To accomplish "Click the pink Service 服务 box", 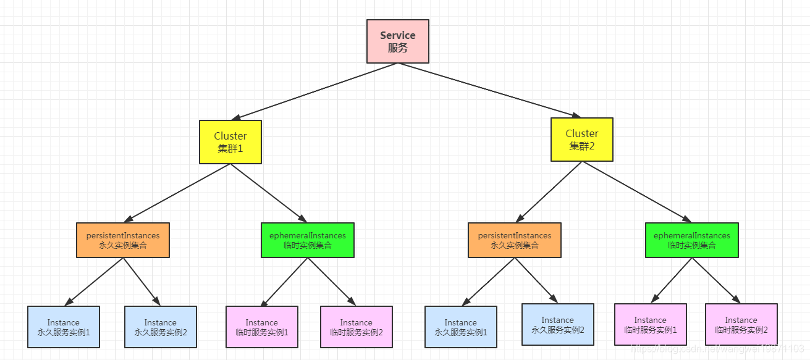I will tap(397, 41).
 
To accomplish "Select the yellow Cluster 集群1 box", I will tap(230, 142).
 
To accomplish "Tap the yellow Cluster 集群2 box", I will tap(581, 140).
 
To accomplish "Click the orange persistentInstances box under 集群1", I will tap(123, 240).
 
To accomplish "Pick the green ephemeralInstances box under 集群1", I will tap(308, 240).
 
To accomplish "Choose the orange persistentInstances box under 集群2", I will tap(515, 240).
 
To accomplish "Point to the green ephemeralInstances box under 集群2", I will tap(691, 240).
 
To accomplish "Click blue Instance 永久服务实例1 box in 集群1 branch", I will tap(64, 327).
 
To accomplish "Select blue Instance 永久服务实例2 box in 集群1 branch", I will tap(161, 327).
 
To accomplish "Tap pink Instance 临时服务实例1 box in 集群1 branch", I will tap(262, 327).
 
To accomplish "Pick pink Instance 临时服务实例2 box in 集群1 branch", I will tap(356, 327).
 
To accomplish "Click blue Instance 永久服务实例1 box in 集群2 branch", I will tap(461, 327).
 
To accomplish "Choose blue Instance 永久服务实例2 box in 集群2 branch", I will tap(557, 324).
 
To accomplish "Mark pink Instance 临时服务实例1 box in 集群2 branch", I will tap(650, 324).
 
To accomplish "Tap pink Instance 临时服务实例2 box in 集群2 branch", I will tap(741, 324).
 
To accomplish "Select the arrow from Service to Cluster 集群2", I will tap(488, 90).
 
